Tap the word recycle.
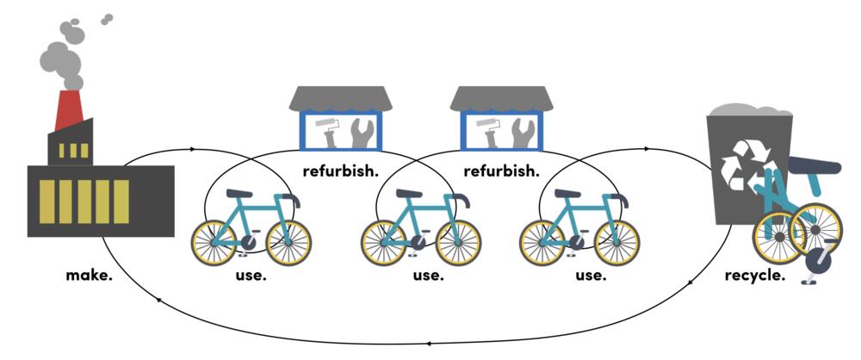(x=754, y=276)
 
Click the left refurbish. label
(x=341, y=171)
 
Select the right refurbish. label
(x=501, y=171)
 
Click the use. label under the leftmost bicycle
(x=251, y=276)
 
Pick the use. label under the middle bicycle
(x=428, y=276)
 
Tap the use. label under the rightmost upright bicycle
(x=590, y=276)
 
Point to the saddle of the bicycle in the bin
(x=815, y=165)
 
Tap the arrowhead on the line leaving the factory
(x=192, y=149)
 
